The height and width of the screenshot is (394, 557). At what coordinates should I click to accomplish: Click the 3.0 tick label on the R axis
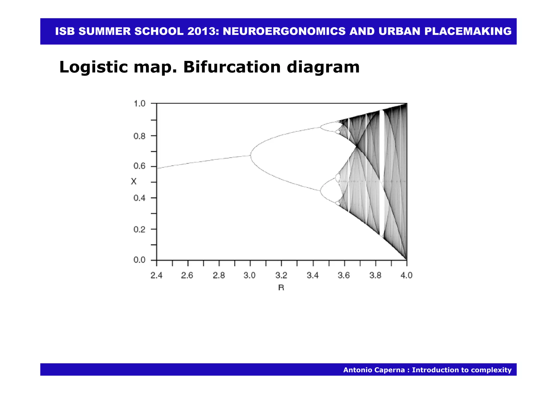click(250, 276)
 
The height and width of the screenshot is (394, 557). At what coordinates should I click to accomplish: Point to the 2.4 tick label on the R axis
click(156, 276)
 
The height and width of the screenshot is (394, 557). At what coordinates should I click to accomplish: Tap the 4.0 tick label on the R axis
click(407, 276)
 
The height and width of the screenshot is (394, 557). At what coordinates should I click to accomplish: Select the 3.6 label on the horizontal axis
click(344, 276)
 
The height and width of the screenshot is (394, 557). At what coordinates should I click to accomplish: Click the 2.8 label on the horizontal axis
click(219, 276)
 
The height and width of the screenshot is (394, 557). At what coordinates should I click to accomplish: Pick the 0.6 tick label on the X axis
click(140, 166)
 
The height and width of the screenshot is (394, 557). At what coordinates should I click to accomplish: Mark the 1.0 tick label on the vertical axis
click(140, 104)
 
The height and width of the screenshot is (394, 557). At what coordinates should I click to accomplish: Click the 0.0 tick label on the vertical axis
click(140, 260)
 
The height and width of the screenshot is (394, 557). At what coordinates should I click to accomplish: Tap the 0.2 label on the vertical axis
click(140, 229)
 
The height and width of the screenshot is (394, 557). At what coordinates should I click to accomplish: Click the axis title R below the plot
click(281, 288)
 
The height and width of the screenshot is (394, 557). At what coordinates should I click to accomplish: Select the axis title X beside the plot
click(134, 181)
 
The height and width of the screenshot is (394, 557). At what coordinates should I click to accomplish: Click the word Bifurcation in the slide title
click(232, 67)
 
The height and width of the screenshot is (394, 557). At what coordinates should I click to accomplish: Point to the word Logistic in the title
click(93, 67)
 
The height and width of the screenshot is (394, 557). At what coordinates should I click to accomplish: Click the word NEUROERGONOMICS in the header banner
click(284, 31)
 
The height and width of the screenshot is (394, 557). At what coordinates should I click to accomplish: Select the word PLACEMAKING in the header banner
click(468, 31)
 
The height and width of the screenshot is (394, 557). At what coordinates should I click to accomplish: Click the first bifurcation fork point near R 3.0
click(250, 155)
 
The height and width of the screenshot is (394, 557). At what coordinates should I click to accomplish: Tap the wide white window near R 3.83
click(382, 174)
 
